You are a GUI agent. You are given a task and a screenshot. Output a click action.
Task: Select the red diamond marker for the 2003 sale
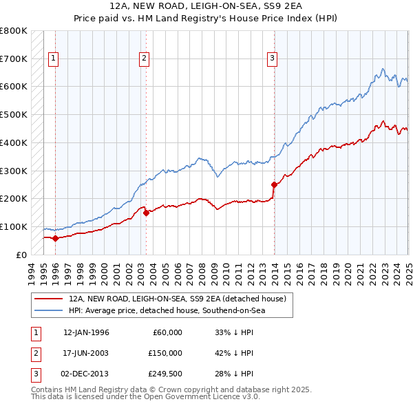pos(147,213)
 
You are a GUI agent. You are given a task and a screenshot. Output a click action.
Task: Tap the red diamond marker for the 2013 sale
pos(274,184)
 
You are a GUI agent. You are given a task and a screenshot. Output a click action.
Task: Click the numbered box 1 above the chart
pos(53,58)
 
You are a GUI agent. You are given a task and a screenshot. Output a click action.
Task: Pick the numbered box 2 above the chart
pos(145,58)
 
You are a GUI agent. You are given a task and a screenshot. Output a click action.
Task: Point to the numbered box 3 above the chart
pos(272,58)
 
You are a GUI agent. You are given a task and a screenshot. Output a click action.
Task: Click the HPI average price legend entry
pos(167,311)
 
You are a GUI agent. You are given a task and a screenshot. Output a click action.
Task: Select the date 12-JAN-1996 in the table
pos(86,332)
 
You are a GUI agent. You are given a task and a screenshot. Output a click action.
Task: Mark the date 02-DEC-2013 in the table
pos(86,374)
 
